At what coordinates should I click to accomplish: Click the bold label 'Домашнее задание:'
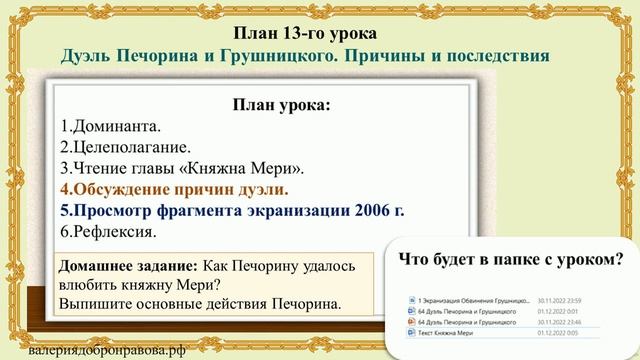tap(128, 267)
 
